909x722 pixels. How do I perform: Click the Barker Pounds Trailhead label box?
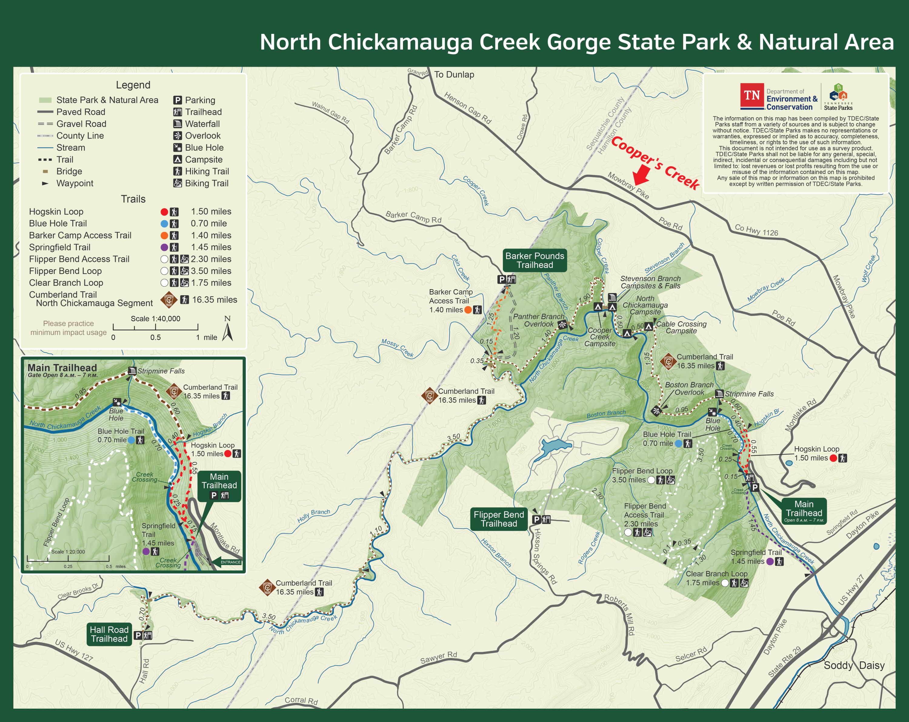coord(534,260)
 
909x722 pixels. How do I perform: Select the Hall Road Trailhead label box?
coord(109,634)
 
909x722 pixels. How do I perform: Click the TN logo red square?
coord(752,95)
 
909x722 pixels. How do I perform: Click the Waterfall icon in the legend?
coord(178,124)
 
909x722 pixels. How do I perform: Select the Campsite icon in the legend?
coord(178,159)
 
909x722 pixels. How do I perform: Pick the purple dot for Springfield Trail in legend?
coord(165,247)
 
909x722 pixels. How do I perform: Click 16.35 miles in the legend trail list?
coord(214,300)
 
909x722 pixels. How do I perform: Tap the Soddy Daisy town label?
coord(854,665)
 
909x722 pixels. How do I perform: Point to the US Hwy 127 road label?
coord(74,651)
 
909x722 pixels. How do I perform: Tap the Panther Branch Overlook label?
coord(538,320)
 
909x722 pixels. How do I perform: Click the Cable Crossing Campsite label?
coord(681,327)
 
